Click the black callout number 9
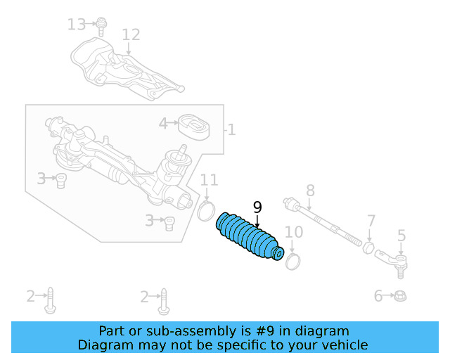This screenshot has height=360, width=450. click(257, 207)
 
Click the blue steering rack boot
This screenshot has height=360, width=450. click(250, 238)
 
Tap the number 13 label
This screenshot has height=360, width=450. click(76, 25)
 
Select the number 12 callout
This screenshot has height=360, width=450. click(131, 34)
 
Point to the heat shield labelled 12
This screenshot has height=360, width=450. click(127, 67)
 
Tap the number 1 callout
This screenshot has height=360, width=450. click(231, 130)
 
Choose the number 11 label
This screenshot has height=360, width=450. click(209, 180)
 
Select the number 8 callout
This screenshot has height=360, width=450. click(309, 190)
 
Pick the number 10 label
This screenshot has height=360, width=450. click(293, 232)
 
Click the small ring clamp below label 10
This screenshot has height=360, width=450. click(294, 259)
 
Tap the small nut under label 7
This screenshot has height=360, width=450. click(368, 247)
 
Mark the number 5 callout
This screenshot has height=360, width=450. click(401, 235)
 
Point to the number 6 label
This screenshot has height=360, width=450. click(378, 296)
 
